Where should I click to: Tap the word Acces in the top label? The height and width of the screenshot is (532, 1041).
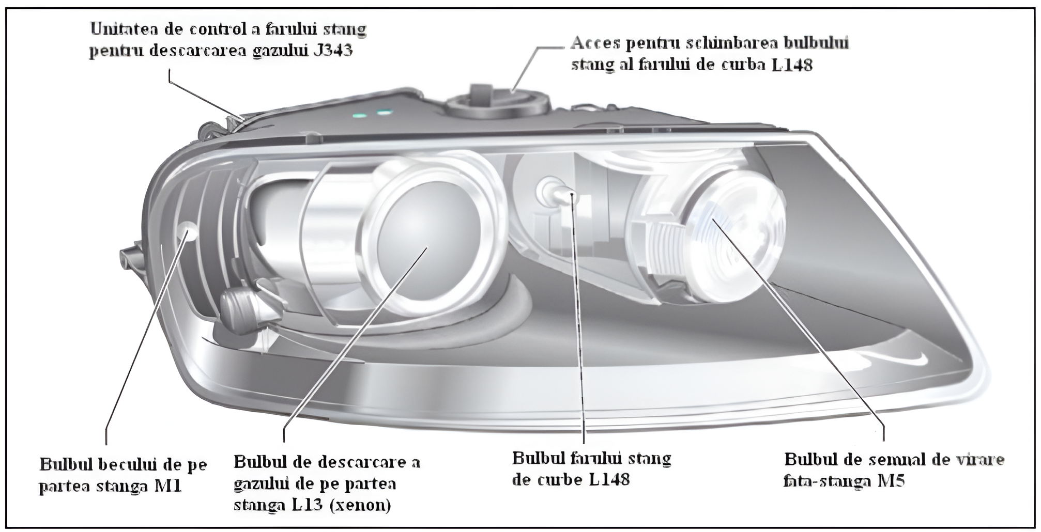595,43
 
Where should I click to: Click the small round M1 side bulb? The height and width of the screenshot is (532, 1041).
187,231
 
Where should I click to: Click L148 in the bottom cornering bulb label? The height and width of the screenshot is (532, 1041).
609,479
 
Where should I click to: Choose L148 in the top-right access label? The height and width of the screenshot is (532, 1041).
791,65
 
